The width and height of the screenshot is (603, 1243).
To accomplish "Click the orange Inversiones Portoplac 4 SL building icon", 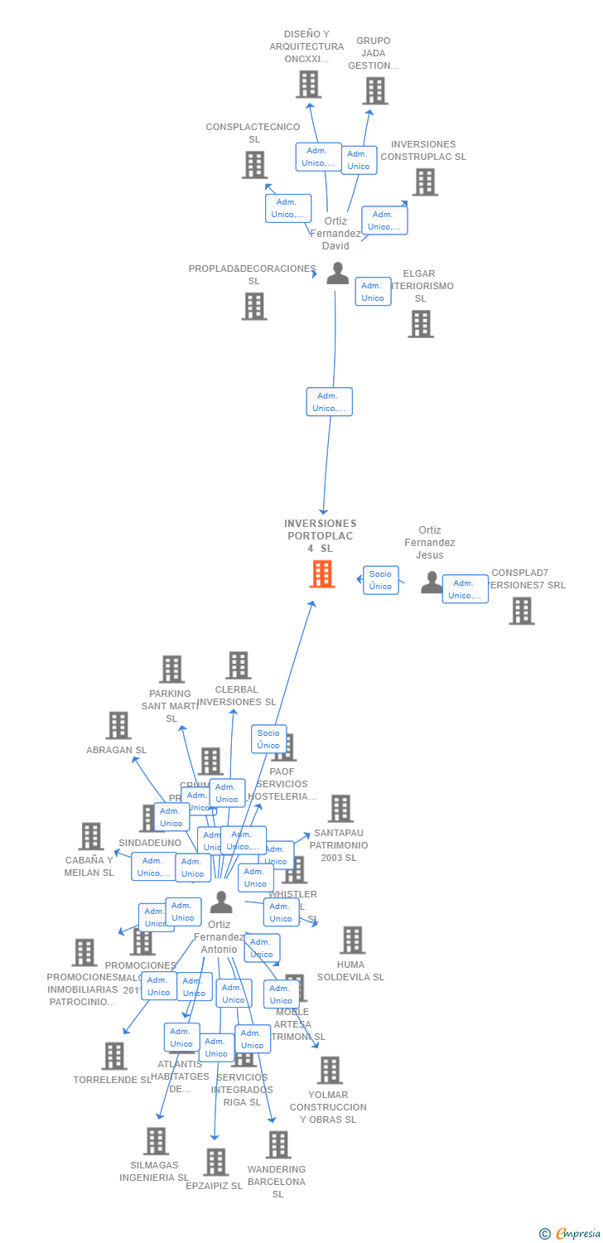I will (322, 573).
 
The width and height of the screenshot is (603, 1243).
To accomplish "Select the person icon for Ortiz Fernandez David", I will (337, 273).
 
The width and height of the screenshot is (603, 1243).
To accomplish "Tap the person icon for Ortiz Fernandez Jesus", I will (432, 583).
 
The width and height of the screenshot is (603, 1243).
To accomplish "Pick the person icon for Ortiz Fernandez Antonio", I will (221, 902).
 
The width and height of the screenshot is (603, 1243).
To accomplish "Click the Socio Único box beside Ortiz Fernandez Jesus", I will (380, 580).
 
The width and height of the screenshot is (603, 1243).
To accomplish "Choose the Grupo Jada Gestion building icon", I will (375, 90).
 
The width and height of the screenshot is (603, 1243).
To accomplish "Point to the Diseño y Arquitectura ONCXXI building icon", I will (308, 85).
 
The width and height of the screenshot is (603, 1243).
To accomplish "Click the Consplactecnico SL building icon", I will (254, 164).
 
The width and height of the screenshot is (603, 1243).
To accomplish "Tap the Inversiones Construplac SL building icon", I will (425, 181).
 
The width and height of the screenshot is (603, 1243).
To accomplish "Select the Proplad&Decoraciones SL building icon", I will (254, 306).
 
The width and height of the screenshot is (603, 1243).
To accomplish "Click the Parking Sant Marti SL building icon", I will (171, 669).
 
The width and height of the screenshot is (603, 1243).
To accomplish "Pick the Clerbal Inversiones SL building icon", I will (239, 665).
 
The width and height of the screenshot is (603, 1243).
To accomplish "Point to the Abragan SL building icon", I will (118, 725).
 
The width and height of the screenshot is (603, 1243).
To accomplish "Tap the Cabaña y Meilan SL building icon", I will (90, 836).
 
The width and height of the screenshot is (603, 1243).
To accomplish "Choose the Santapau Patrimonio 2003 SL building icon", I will (340, 808).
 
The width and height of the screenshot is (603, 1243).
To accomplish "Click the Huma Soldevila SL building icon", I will (353, 940).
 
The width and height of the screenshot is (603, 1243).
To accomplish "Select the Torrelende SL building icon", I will (114, 1055).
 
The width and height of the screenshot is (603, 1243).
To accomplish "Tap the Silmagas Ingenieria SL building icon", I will (156, 1140).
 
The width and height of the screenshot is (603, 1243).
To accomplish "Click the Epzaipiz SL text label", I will (214, 1186).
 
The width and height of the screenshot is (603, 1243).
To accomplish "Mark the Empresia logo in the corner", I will (572, 1234).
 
